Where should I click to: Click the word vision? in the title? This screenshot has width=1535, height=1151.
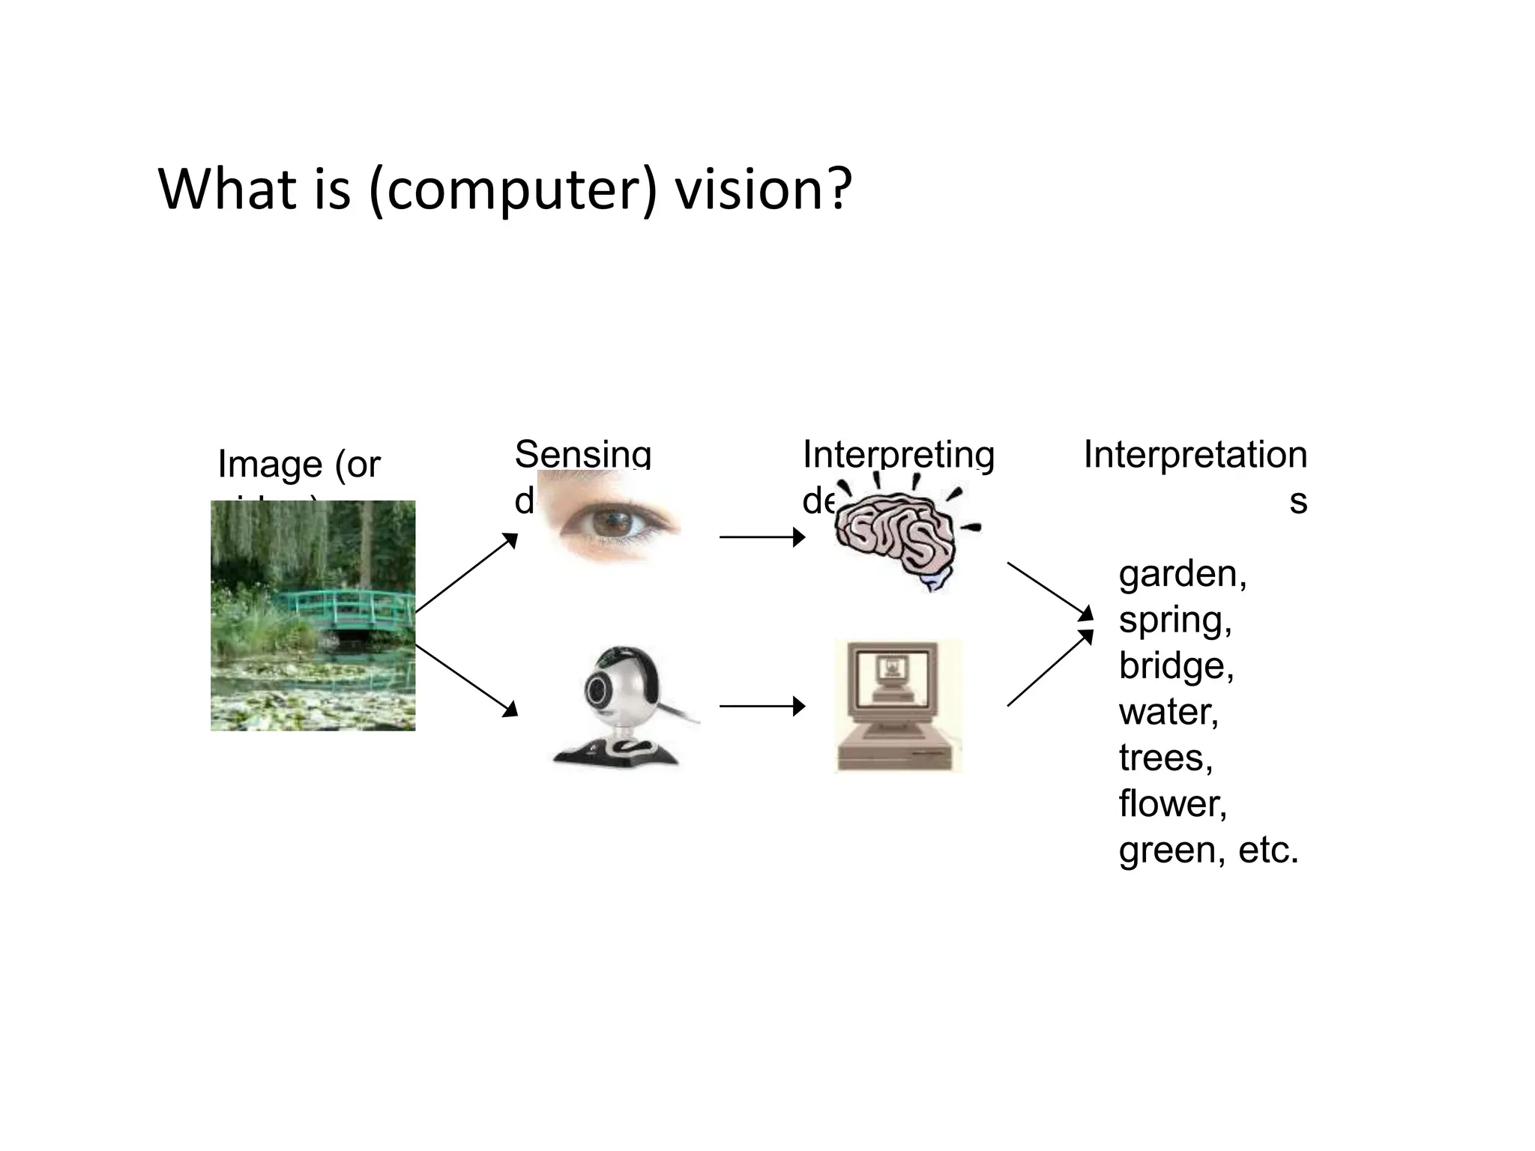tap(763, 189)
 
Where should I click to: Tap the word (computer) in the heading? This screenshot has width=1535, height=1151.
tap(513, 190)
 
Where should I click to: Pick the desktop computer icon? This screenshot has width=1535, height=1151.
tap(897, 705)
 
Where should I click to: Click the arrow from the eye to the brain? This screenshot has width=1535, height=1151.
tap(762, 537)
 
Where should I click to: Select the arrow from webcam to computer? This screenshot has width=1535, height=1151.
tap(762, 706)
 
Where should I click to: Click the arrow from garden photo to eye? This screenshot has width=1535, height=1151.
tap(465, 573)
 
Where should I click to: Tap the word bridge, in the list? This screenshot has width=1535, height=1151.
tap(1175, 665)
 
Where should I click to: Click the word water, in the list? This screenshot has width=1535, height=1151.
tap(1168, 712)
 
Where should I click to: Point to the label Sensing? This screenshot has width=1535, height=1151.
tap(582, 454)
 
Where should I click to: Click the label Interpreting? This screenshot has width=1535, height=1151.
tap(898, 454)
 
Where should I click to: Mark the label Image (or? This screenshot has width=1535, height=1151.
tap(299, 464)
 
